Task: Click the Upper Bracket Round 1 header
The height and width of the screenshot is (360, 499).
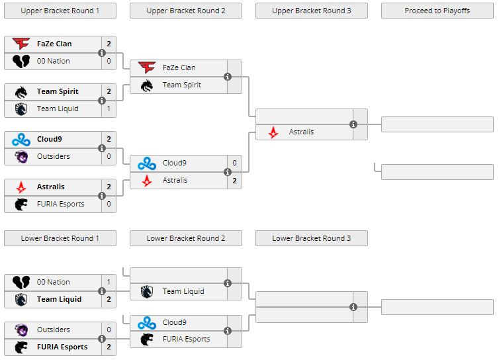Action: click(x=60, y=11)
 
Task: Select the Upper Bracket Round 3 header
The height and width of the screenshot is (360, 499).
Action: click(x=311, y=11)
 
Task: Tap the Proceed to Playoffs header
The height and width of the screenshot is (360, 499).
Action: click(x=437, y=11)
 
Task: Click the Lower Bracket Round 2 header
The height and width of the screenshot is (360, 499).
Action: click(x=185, y=238)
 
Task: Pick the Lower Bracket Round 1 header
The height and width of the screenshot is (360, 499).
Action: click(x=60, y=238)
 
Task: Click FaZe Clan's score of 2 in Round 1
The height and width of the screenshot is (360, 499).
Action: click(x=109, y=44)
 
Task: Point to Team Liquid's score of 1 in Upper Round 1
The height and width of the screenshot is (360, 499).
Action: click(x=109, y=109)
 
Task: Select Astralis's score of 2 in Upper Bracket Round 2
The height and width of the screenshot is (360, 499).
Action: click(x=234, y=180)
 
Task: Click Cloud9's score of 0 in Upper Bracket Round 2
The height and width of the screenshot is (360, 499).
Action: click(x=234, y=163)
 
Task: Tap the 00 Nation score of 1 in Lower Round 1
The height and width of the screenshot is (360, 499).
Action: click(x=109, y=282)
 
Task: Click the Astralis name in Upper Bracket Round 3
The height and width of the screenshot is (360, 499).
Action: click(x=301, y=132)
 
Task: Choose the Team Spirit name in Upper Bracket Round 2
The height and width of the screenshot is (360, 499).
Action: click(x=181, y=85)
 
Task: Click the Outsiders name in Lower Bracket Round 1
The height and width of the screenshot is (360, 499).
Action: click(x=54, y=330)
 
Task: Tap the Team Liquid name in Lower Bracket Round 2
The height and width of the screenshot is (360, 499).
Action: click(x=183, y=291)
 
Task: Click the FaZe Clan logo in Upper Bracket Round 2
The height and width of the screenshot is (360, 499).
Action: click(x=147, y=67)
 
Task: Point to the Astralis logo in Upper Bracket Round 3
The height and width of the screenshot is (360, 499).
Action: click(x=273, y=132)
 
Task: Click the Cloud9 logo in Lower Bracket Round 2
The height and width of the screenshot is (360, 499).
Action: click(x=147, y=323)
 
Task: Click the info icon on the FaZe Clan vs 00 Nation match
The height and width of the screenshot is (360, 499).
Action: click(x=102, y=53)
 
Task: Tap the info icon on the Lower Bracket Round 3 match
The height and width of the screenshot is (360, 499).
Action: click(x=353, y=307)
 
